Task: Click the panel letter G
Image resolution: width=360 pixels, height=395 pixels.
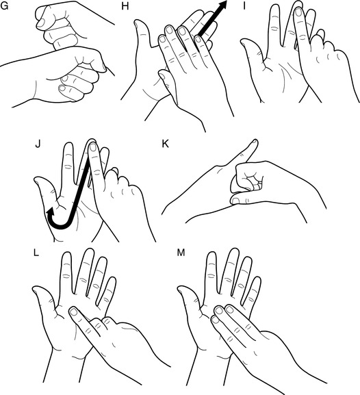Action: pyautogui.click(x=4, y=5)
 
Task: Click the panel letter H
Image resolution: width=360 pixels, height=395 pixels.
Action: pyautogui.click(x=125, y=5)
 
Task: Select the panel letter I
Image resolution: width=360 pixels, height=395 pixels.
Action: pyautogui.click(x=244, y=5)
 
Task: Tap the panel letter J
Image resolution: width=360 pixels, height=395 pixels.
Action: pyautogui.click(x=38, y=144)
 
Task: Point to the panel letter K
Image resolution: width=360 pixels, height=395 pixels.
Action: pyautogui.click(x=165, y=144)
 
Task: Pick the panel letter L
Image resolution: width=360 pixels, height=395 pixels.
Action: pyautogui.click(x=36, y=253)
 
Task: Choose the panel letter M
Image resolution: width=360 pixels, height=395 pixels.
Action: pyautogui.click(x=181, y=253)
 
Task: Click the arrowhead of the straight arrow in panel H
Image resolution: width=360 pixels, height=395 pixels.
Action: pyautogui.click(x=222, y=5)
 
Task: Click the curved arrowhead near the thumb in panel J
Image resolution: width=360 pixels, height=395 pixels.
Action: pyautogui.click(x=51, y=212)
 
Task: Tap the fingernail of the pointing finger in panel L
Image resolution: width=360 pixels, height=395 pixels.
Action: pyautogui.click(x=73, y=312)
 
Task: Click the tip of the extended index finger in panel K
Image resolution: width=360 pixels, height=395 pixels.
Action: pyautogui.click(x=255, y=141)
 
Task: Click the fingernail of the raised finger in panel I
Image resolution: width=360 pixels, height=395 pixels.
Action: pyautogui.click(x=298, y=12)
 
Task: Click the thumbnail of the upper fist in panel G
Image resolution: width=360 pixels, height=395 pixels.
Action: pyautogui.click(x=41, y=23)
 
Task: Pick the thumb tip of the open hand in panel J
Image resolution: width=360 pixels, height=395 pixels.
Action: pyautogui.click(x=37, y=179)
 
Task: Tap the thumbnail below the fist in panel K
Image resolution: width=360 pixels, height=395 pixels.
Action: pyautogui.click(x=235, y=201)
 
